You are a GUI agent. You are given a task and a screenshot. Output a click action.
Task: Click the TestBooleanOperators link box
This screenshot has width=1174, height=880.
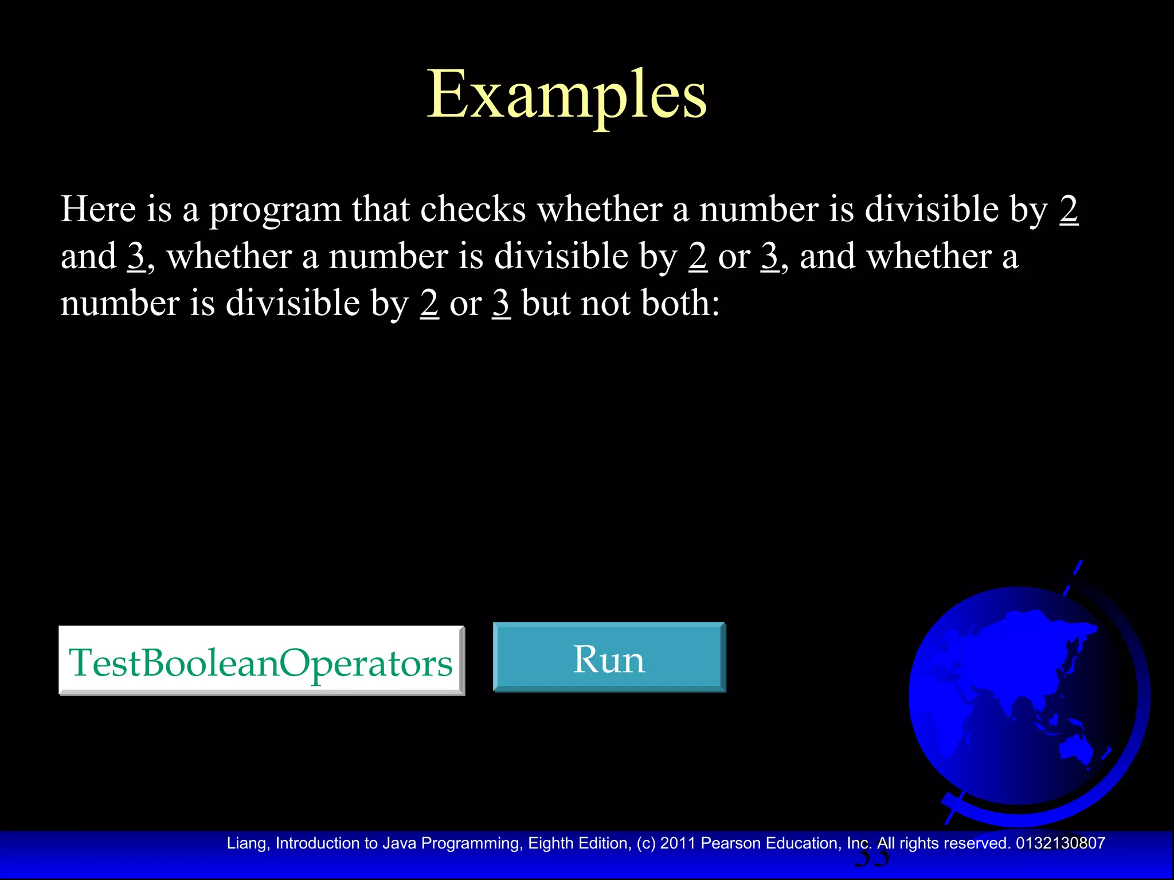point(261,662)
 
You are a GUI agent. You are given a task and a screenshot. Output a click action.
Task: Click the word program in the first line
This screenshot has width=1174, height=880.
point(275,210)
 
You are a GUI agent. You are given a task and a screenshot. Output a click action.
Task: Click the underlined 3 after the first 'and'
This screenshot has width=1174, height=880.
point(136,256)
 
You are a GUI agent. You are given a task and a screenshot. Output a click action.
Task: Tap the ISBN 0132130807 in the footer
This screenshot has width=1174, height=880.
point(1060,843)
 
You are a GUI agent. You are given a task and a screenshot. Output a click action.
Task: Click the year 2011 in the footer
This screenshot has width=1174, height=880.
point(678,843)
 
